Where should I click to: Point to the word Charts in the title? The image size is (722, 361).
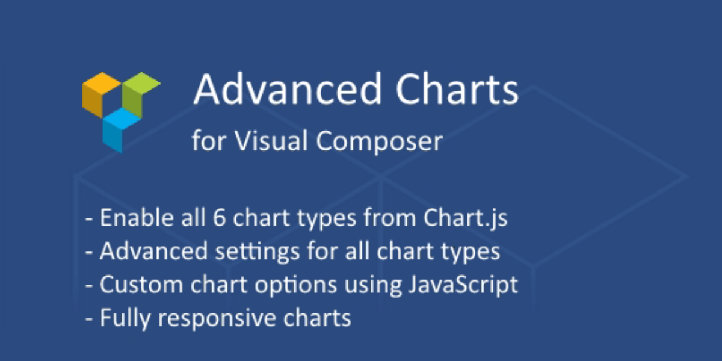tap(457, 89)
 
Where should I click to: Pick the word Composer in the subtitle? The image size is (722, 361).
tap(380, 141)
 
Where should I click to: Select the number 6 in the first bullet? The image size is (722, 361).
tap(219, 218)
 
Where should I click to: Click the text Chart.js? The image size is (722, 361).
tap(466, 218)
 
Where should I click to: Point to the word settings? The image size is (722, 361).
tap(258, 251)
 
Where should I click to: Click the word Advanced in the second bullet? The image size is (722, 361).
tap(154, 251)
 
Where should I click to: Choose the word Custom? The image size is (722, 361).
tap(141, 284)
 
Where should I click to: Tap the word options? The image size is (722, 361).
tap(295, 285)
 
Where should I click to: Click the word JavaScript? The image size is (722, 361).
tap(463, 285)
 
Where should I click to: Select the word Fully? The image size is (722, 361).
tap(125, 318)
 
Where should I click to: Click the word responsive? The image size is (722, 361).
tap(217, 318)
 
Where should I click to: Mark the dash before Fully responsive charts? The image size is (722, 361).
tap(89, 318)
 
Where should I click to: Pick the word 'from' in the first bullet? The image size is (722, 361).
tap(390, 218)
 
